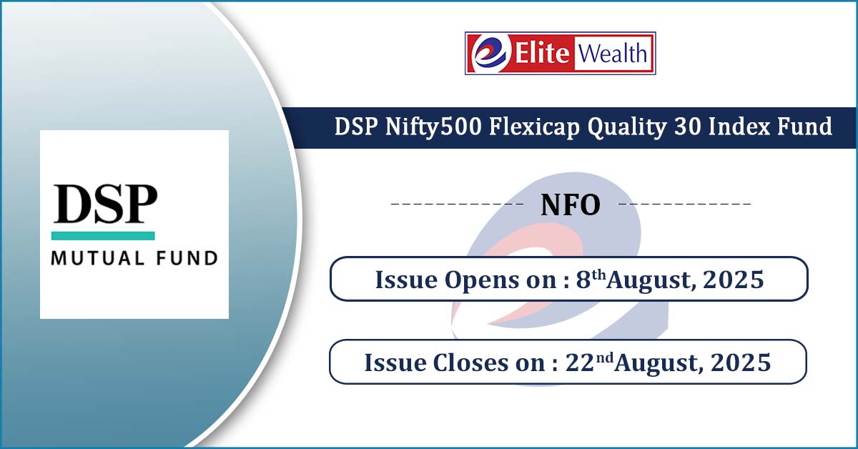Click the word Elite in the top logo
point(542,53)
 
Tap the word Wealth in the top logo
point(613,53)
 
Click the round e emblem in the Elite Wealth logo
point(491,54)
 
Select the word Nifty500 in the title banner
point(433,127)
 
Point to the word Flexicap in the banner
point(534,127)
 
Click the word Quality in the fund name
point(626,127)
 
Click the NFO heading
point(571,205)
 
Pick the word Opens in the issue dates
point(481,280)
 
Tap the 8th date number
point(591,279)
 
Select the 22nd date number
point(589,362)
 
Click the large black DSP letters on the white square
point(105,204)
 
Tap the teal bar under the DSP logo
point(103,236)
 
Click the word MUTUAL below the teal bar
point(98,258)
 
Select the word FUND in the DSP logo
point(187,258)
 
